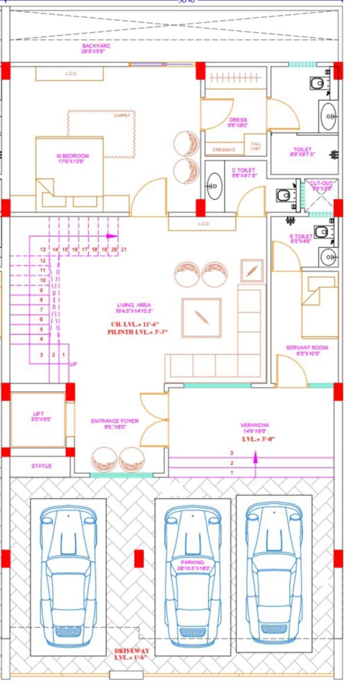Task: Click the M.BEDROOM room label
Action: (x=73, y=156)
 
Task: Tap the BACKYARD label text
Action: (x=96, y=46)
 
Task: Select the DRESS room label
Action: (x=238, y=120)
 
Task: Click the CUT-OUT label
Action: (x=321, y=184)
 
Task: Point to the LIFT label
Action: (x=38, y=414)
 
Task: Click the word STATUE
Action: (x=42, y=466)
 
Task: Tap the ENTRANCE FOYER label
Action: (x=115, y=421)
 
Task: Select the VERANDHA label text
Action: (x=255, y=425)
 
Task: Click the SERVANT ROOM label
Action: (x=306, y=348)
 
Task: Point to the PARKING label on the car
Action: (x=193, y=562)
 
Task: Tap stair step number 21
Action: (x=124, y=250)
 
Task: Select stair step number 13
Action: (x=43, y=250)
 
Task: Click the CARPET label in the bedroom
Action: (x=122, y=115)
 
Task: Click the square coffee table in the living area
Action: (x=202, y=318)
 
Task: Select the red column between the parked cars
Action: (x=139, y=558)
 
